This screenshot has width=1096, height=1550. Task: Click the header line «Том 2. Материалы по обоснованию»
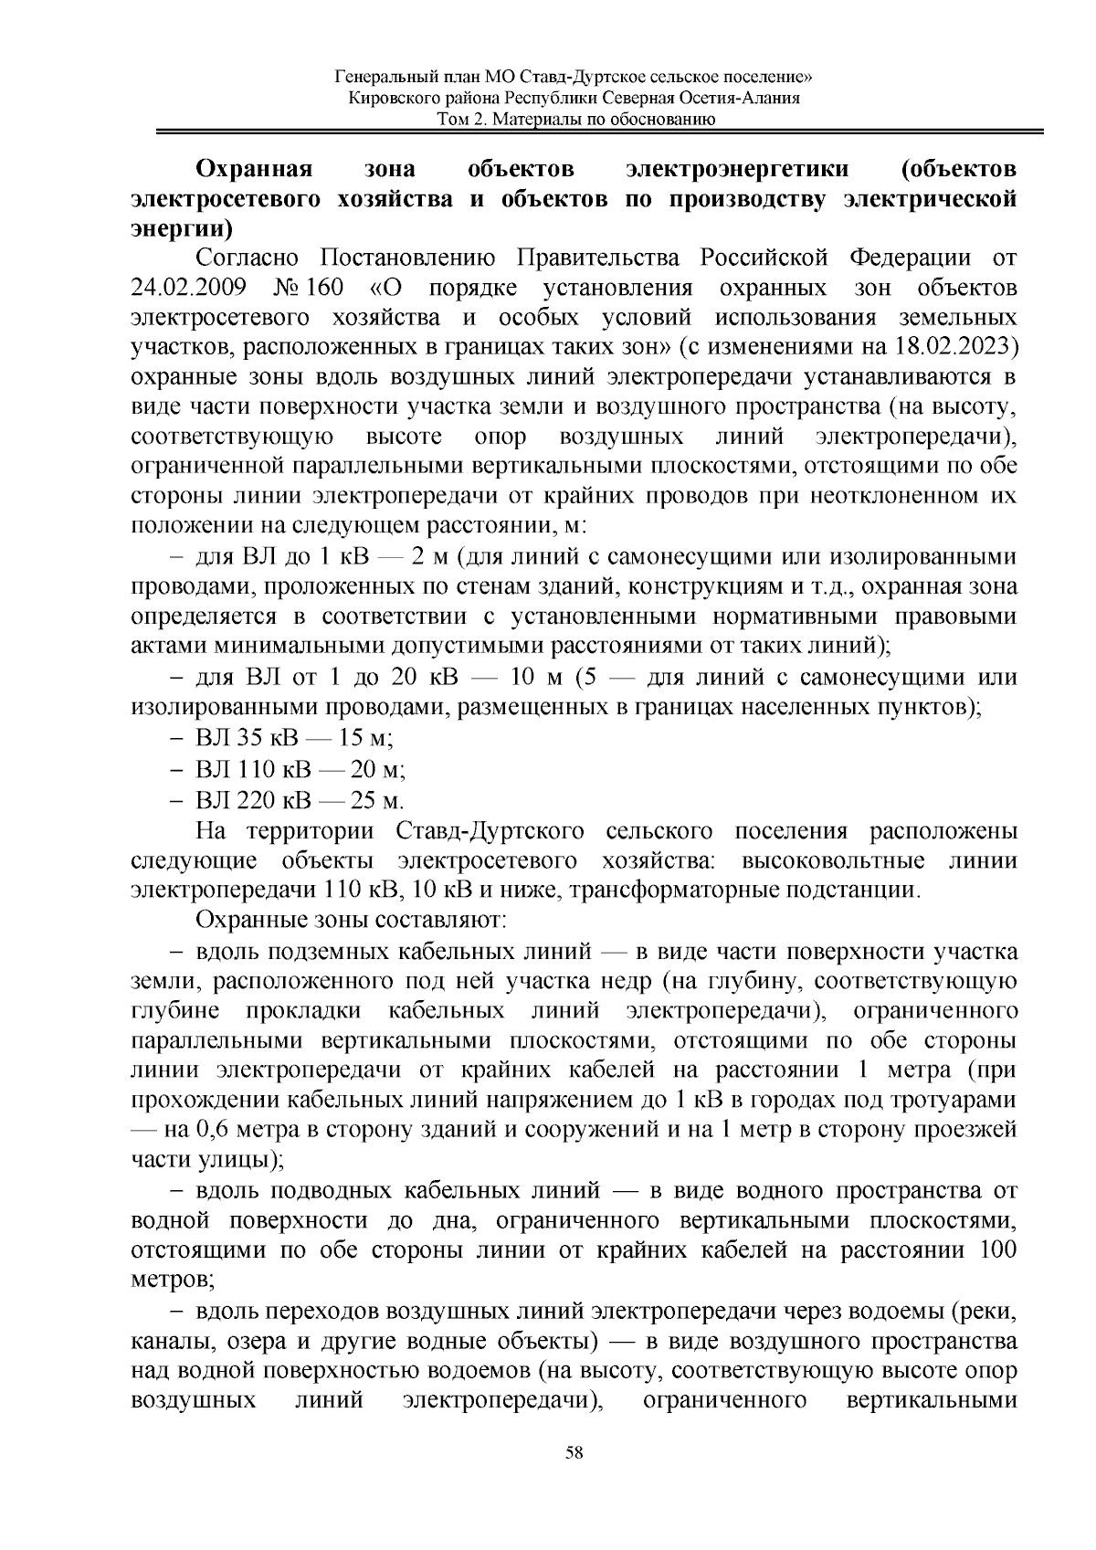(x=574, y=119)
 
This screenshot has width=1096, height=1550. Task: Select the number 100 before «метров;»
(x=997, y=1249)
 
